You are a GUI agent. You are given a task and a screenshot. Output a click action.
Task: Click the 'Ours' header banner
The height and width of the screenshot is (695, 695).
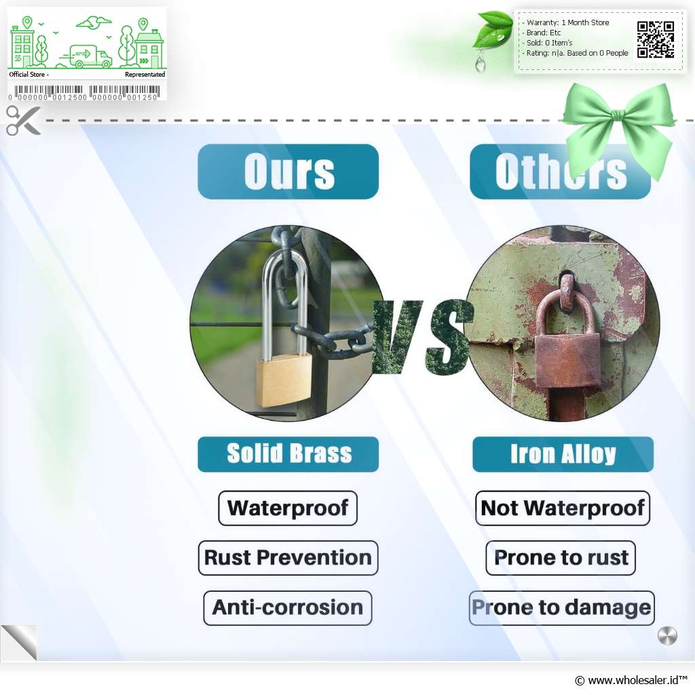click(x=288, y=172)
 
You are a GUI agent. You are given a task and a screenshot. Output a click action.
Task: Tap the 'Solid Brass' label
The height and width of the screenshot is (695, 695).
click(x=288, y=454)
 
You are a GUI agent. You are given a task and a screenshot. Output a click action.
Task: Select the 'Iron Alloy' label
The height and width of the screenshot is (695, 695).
click(x=563, y=454)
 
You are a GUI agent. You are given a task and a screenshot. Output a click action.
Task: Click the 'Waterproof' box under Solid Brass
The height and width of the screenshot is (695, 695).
click(x=288, y=508)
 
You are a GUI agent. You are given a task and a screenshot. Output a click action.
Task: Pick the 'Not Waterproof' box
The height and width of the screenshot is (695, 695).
click(x=563, y=508)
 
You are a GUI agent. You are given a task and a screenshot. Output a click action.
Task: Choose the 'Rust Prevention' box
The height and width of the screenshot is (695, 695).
click(x=288, y=558)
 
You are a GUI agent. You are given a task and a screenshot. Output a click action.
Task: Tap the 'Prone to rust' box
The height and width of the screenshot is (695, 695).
click(x=561, y=558)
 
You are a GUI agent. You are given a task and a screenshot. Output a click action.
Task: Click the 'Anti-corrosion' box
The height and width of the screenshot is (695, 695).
click(x=288, y=607)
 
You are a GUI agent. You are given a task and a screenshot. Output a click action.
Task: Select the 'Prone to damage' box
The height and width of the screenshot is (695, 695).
click(x=561, y=607)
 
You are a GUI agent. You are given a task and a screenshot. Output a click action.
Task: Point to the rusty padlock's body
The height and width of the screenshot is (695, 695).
click(x=567, y=361)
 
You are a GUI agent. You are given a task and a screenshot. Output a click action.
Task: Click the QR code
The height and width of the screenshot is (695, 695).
click(x=656, y=39)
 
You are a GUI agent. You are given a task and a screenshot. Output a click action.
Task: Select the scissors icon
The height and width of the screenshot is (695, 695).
click(x=23, y=120)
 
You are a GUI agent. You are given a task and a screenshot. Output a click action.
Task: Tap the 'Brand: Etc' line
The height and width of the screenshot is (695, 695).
click(x=543, y=33)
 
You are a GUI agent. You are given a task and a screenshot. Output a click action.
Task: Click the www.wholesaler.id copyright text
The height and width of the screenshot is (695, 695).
click(x=631, y=680)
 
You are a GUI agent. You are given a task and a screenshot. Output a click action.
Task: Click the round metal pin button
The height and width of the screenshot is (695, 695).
click(x=667, y=636)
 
